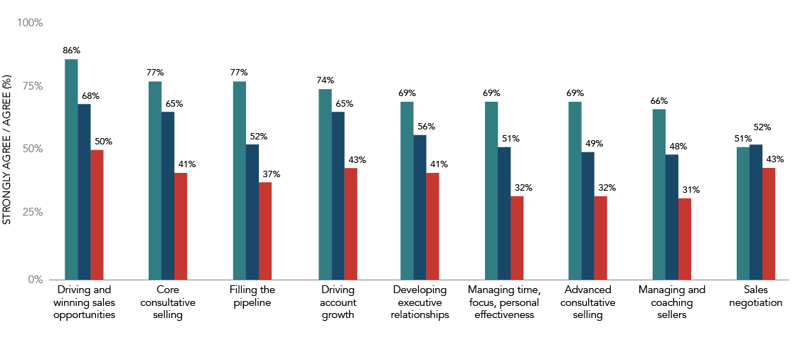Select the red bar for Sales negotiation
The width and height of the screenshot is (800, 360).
pos(768,223)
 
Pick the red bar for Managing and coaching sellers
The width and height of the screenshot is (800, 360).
pos(684,239)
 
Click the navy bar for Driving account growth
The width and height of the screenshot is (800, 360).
pos(338,196)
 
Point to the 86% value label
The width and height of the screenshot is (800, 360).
pos(71,51)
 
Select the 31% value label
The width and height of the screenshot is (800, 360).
pos(690,190)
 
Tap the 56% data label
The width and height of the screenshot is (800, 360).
pos(427,127)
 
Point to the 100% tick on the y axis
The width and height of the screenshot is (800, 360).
pos(31,23)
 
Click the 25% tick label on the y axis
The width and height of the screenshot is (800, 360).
pos(31,212)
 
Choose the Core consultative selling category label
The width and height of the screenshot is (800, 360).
pos(168,302)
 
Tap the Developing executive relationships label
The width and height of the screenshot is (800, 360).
pos(420,302)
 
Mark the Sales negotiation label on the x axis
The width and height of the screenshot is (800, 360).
pos(755,296)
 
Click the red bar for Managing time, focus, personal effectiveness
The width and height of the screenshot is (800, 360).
pos(517,238)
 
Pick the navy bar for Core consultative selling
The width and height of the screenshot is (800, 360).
pos(168,196)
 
